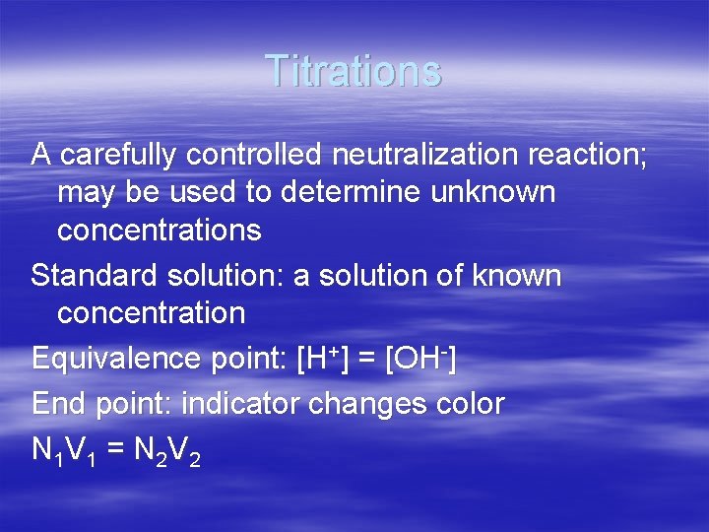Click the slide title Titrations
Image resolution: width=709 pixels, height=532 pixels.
tap(354, 71)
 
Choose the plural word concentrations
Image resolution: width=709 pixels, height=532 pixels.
tap(159, 231)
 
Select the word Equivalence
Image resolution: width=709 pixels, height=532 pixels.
tap(117, 359)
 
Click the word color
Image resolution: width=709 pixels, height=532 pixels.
tap(471, 404)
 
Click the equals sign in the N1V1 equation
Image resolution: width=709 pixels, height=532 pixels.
tap(115, 450)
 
